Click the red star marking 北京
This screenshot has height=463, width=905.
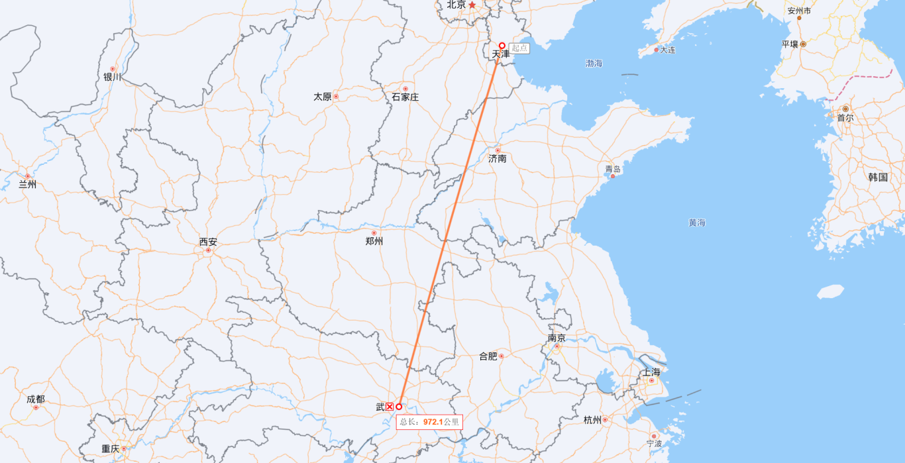coord(472,5)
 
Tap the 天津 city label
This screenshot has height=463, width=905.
coord(501,54)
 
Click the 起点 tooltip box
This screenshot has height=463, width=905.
coord(519,48)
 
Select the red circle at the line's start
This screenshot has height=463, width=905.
coord(502,46)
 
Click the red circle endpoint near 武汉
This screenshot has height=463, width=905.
coord(399,407)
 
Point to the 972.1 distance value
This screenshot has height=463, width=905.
coord(433,422)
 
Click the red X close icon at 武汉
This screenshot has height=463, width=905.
coord(390,407)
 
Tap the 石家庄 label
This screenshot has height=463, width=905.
coord(405,97)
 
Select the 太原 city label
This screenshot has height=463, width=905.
coord(323,97)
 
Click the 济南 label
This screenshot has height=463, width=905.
coord(497,159)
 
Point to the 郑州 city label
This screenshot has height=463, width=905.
coord(374,242)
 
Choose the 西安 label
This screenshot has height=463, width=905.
coord(208,242)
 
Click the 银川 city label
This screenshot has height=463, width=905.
coord(112,77)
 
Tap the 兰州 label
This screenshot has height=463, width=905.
coord(27,185)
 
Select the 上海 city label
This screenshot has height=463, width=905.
coord(651,372)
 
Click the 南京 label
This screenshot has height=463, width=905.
coord(557,338)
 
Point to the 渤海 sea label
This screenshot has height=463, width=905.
coord(594,64)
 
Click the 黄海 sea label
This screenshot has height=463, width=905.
coord(697,223)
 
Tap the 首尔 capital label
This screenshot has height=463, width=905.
coord(845,118)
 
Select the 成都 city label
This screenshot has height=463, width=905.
coord(36,399)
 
